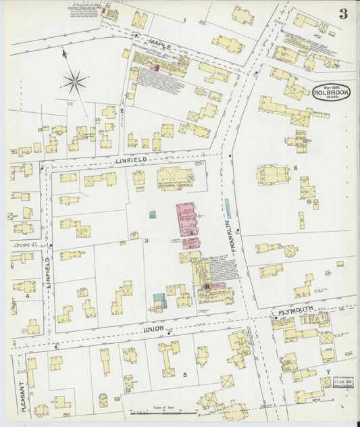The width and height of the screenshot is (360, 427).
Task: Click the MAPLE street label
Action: [x=160, y=47]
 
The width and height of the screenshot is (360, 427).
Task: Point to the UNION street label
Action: [x=155, y=330]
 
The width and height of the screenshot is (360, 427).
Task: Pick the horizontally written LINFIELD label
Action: [x=130, y=161]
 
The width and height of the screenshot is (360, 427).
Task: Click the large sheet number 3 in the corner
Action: [x=343, y=15]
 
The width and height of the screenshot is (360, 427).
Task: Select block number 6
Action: [x=295, y=168]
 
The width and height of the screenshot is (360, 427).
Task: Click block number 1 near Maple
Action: [x=184, y=20]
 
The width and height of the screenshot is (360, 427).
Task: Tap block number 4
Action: [x=27, y=295]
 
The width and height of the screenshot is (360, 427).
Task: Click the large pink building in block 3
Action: [x=186, y=220]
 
